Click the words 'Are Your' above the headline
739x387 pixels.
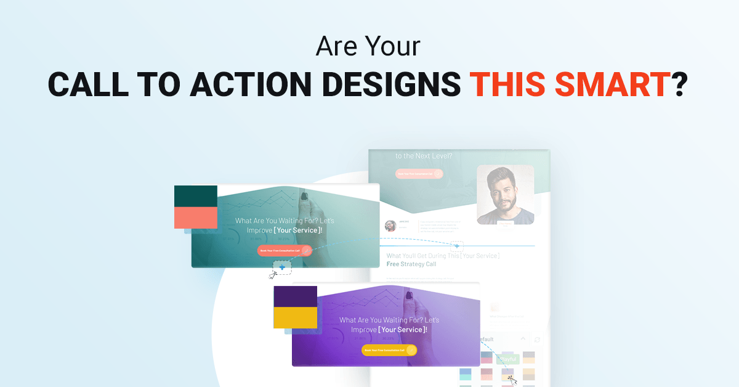369,47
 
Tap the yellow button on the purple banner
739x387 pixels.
389,350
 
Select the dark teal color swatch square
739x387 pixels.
196,196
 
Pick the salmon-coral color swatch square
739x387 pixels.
196,218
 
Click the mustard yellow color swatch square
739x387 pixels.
295,317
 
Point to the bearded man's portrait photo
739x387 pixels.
506,194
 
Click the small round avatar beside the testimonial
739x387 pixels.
390,226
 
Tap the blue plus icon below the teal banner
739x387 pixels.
282,267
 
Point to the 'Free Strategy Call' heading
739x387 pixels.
411,264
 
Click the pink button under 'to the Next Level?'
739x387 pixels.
419,174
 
